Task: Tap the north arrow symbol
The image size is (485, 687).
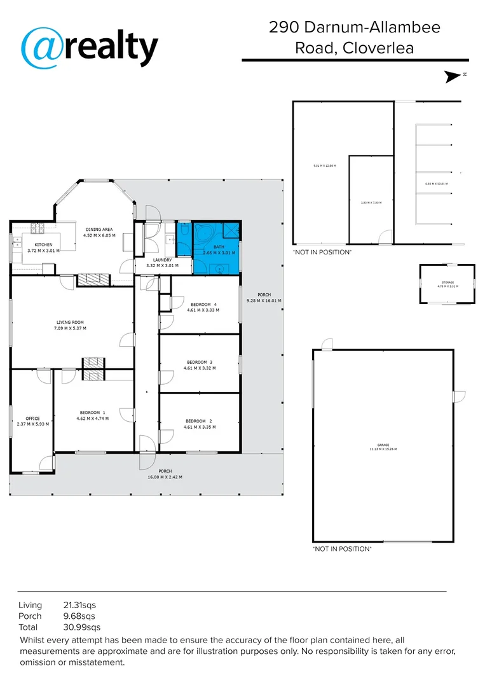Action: click(x=454, y=76)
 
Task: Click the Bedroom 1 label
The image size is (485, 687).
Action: click(x=92, y=412)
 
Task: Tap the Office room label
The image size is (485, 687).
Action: click(x=32, y=418)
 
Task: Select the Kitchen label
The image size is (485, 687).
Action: click(x=43, y=245)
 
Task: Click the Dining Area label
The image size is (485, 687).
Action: click(x=99, y=229)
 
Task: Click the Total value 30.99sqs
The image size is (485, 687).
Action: click(x=79, y=627)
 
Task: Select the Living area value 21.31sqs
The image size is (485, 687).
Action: click(x=79, y=605)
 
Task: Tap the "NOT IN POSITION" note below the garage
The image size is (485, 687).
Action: click(x=341, y=548)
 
